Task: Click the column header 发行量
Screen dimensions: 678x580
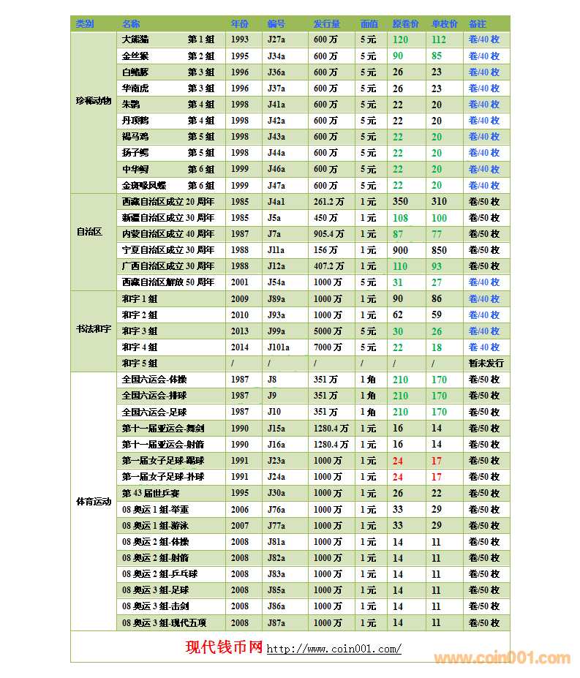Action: tap(326, 24)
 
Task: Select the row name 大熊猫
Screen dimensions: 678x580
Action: tap(135, 39)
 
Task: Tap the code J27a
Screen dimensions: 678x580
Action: tap(276, 39)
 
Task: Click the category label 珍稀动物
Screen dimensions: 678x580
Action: tap(94, 101)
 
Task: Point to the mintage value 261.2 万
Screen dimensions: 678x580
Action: tap(329, 202)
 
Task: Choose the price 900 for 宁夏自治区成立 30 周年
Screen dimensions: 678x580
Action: tap(400, 250)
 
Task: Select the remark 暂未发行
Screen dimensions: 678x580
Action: tap(486, 364)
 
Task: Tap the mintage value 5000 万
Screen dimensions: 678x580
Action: tap(328, 331)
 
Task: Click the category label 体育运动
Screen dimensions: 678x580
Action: tap(94, 502)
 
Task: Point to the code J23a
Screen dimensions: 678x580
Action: tap(276, 461)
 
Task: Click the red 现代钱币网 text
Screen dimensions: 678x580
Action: tap(224, 647)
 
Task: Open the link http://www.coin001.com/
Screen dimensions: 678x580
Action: tap(334, 649)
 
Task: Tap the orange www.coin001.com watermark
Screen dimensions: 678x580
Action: tap(502, 658)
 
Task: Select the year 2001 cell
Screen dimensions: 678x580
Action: tap(240, 282)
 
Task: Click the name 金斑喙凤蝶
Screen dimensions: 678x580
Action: tap(144, 186)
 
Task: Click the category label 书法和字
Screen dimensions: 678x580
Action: tap(94, 331)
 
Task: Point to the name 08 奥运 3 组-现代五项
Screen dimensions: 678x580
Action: tap(165, 623)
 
